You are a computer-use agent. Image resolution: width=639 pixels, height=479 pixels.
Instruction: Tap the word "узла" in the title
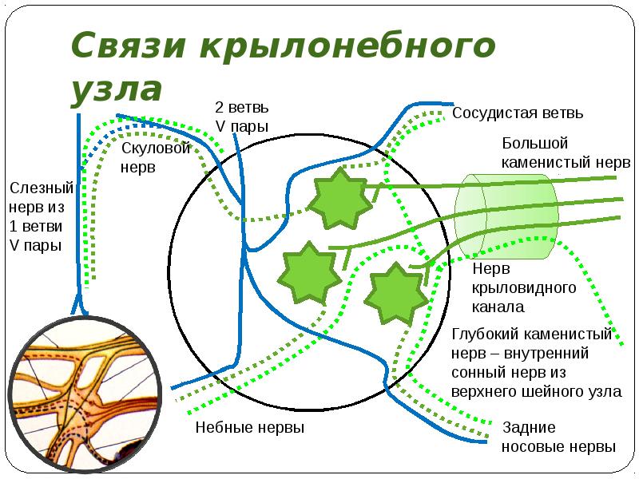(x=117, y=90)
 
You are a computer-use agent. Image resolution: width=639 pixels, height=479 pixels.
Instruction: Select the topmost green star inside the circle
(x=339, y=198)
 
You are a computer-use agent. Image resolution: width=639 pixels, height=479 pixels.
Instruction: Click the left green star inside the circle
(x=309, y=272)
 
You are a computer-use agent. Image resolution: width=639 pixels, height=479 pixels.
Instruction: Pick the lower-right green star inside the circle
(x=396, y=294)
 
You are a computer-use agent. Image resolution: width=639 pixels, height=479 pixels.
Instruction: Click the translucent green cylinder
(x=506, y=216)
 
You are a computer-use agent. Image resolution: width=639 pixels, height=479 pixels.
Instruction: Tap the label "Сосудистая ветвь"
(x=518, y=113)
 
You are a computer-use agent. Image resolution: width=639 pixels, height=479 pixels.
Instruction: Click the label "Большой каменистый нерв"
(x=566, y=152)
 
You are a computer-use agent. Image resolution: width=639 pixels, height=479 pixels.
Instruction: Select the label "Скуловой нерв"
(x=156, y=157)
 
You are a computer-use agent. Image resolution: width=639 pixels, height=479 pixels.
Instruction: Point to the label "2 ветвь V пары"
(x=242, y=117)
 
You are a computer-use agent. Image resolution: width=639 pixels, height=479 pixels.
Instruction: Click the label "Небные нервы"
(x=250, y=428)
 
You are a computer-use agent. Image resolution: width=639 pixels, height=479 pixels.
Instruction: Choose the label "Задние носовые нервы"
(x=558, y=437)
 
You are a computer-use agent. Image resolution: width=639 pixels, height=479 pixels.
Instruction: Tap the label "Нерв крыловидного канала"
(x=524, y=287)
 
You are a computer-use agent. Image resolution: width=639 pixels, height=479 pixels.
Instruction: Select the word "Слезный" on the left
(x=42, y=188)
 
